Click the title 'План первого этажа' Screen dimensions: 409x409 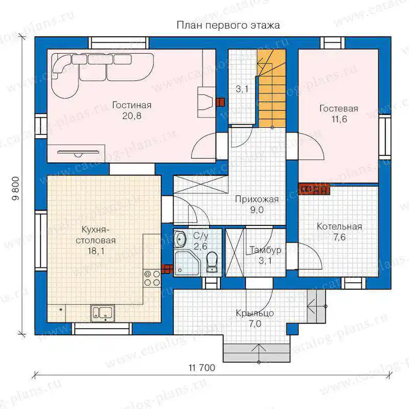(228, 26)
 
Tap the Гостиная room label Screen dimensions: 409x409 (132, 105)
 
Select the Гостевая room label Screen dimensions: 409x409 (339, 108)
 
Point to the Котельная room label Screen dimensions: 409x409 (339, 226)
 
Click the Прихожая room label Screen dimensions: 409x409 (257, 199)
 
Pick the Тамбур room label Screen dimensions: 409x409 (265, 250)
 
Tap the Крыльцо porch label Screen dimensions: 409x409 (255, 313)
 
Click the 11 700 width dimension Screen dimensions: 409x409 (202, 368)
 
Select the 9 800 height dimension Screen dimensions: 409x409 (16, 188)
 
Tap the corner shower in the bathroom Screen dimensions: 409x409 (187, 263)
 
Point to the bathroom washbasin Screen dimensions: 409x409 (180, 238)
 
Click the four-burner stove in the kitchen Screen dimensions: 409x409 (152, 278)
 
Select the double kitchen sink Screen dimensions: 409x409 (103, 313)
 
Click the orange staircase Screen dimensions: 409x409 (271, 88)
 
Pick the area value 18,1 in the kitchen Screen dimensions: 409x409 (96, 251)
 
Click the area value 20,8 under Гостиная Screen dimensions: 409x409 (132, 116)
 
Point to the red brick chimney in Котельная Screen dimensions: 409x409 (314, 189)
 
